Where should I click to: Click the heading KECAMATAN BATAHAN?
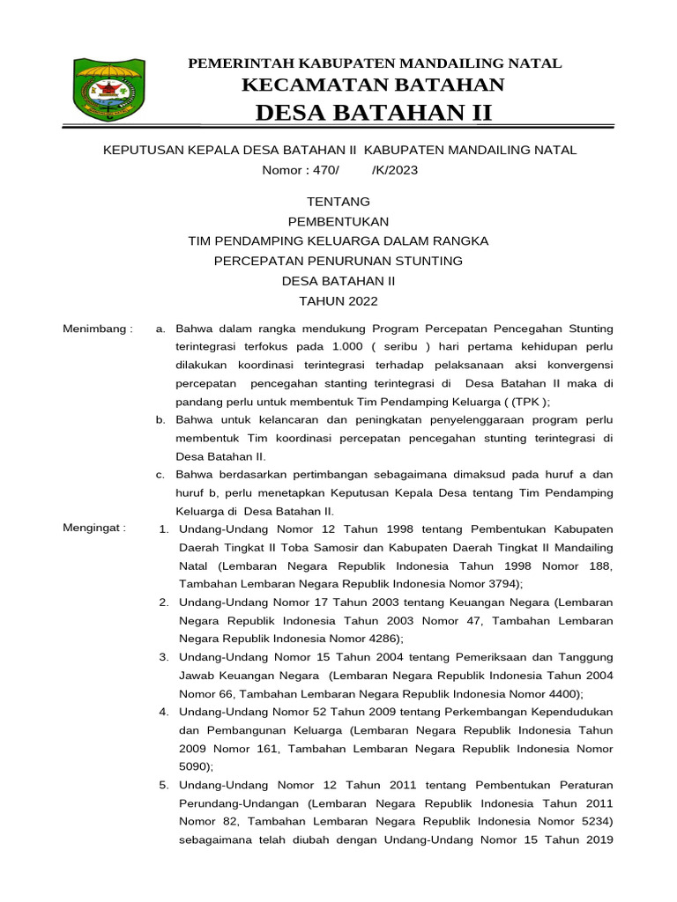(x=373, y=85)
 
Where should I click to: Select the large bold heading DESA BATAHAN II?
(x=373, y=114)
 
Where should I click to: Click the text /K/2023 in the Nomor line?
(x=395, y=170)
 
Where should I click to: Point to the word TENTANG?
(x=338, y=202)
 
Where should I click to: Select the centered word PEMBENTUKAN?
(x=338, y=221)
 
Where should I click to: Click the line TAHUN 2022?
(x=338, y=301)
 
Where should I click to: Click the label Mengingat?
(x=94, y=529)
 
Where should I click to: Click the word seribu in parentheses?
(x=402, y=347)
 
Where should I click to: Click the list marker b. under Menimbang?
(x=160, y=420)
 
